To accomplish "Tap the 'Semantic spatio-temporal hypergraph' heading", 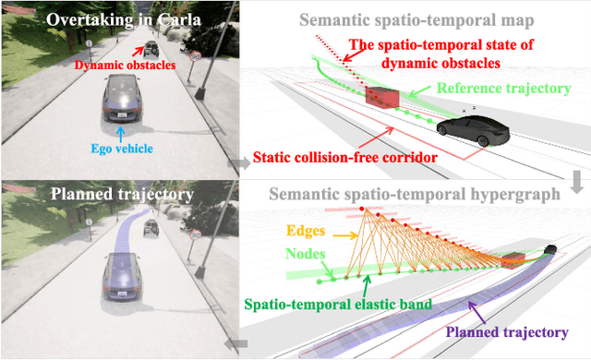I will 414,195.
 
